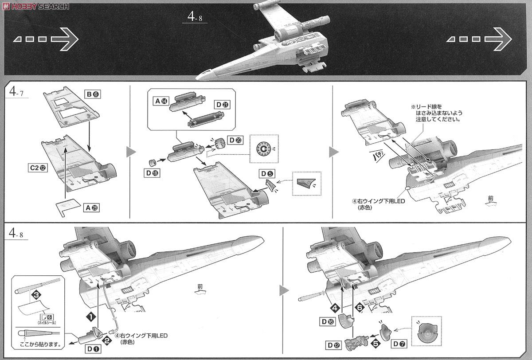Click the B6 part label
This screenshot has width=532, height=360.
(92, 94)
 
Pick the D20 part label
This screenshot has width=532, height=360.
(235, 140)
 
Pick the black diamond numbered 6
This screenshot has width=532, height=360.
(360, 306)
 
